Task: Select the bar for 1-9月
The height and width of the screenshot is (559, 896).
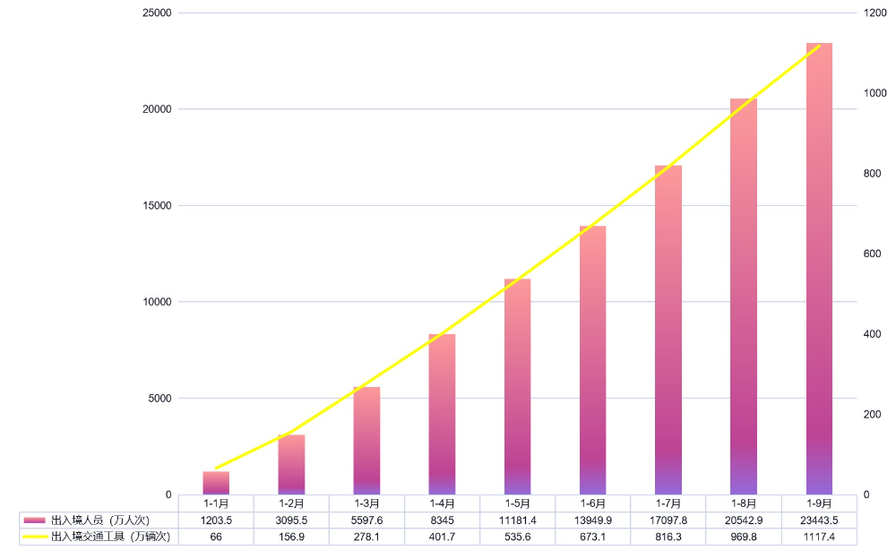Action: coord(819,269)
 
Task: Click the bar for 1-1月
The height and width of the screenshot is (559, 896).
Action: coord(216,483)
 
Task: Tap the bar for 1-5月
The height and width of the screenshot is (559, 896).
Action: coord(517,387)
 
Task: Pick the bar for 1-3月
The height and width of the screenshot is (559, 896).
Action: coord(366,441)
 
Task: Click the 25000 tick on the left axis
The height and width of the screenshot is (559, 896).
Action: coord(156,13)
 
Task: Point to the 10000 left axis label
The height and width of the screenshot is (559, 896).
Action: coord(156,302)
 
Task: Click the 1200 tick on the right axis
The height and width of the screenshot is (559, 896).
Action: coord(874,13)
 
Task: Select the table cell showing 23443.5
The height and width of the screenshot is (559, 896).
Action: coord(819,520)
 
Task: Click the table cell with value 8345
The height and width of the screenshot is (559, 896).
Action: coord(442,520)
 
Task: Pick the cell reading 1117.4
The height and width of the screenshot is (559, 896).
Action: coord(819,537)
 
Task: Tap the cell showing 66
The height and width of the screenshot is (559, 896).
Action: coord(216,537)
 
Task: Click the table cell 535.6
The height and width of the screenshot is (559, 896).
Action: coord(517,537)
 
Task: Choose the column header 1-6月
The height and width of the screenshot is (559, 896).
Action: coord(592,503)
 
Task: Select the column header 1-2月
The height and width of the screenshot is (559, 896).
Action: coord(291,503)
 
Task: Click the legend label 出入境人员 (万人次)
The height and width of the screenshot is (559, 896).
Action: coord(99,520)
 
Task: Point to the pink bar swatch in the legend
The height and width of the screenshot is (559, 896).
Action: coord(34,520)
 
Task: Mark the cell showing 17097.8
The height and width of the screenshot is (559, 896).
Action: coord(668,520)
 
